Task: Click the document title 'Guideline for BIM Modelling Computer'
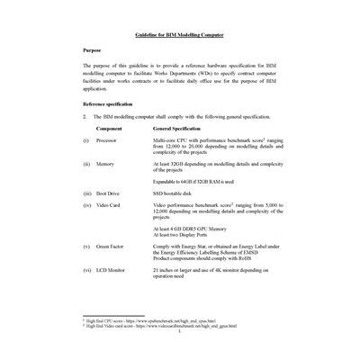point(179,34)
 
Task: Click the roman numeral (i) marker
point(85,141)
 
